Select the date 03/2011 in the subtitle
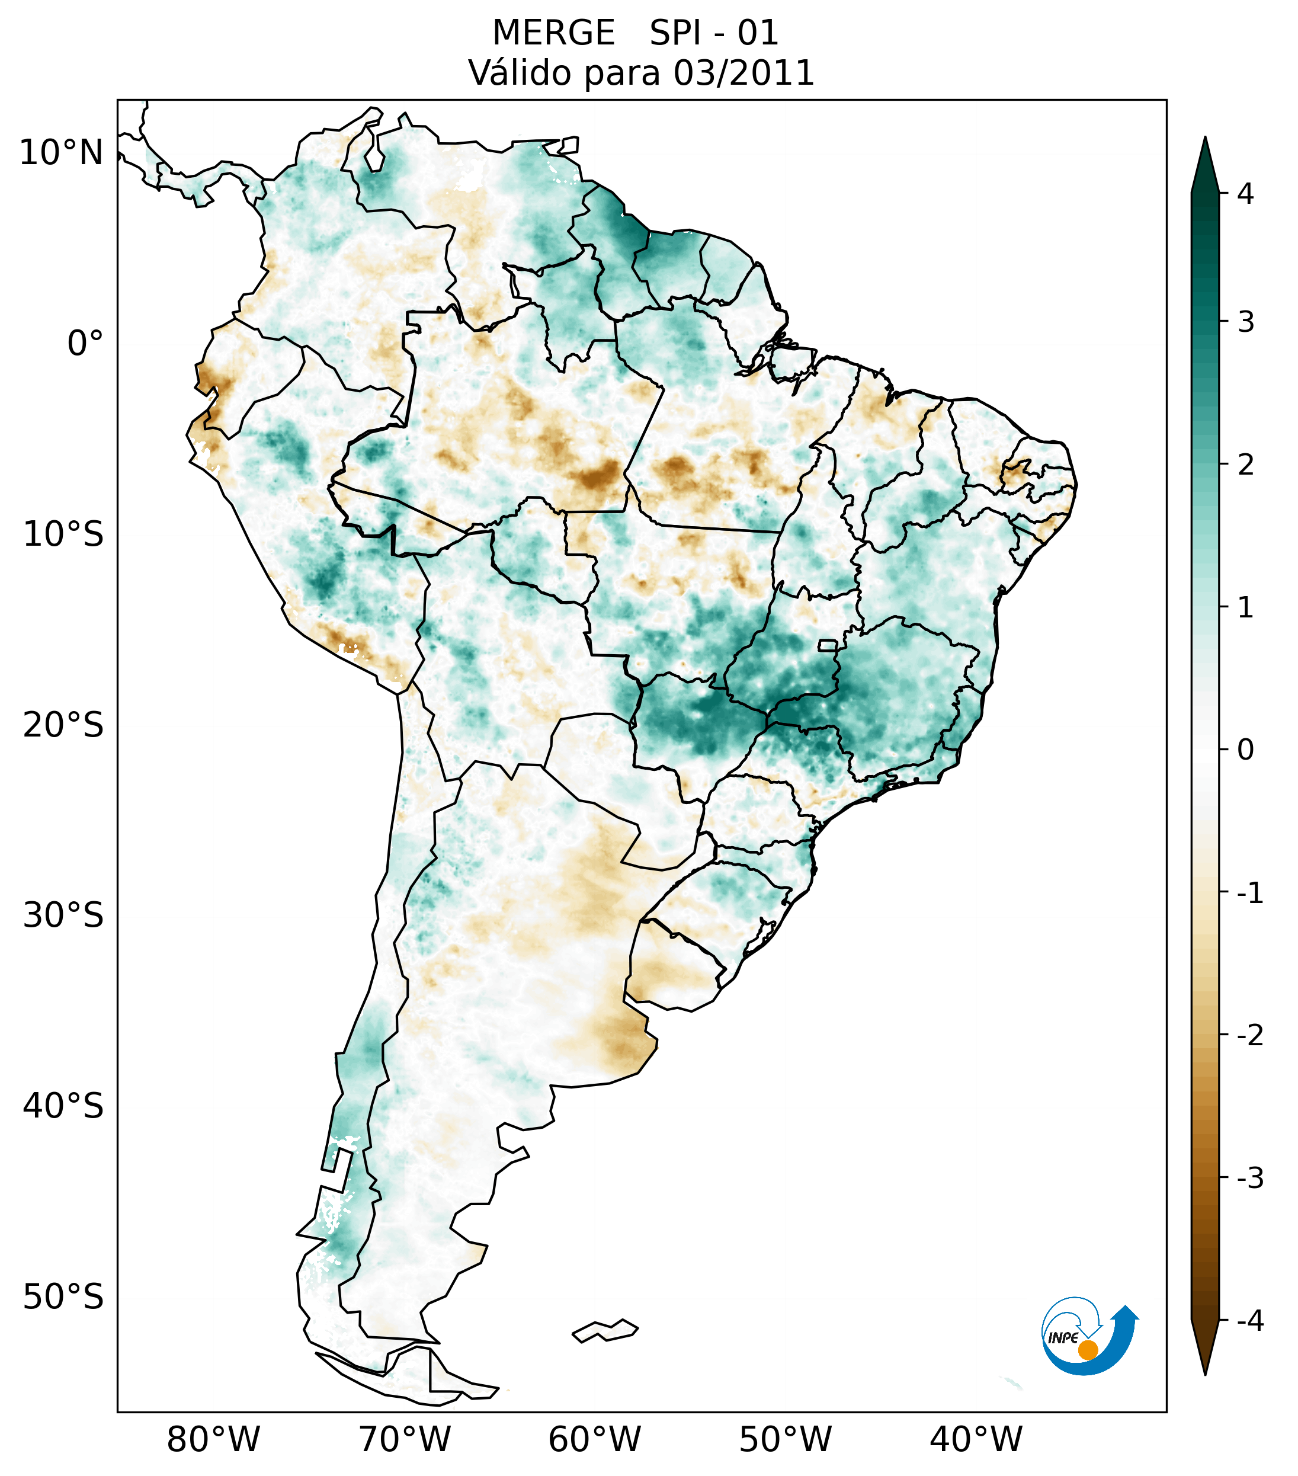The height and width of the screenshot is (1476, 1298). [743, 73]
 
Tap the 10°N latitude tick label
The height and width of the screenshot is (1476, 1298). [62, 153]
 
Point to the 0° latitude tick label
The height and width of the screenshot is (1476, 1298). [85, 344]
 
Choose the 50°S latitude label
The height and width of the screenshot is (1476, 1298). [63, 1298]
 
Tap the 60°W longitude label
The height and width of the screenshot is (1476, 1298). [594, 1440]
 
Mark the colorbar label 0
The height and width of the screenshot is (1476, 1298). [1245, 750]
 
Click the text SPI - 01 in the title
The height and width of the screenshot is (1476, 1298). [714, 33]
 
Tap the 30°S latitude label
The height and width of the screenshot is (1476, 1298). [63, 915]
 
